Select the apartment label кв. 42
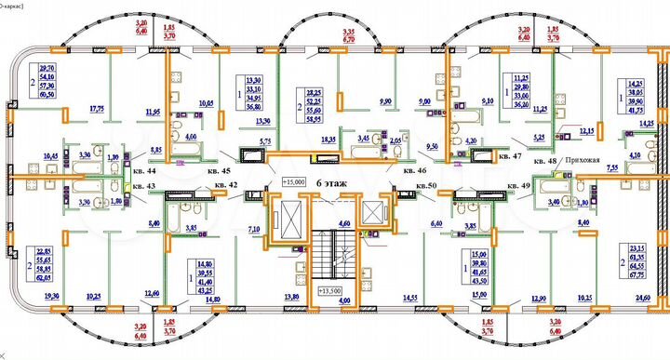point(225,185)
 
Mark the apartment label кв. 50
point(427,185)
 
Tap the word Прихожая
point(581,159)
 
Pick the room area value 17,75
point(95,109)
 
